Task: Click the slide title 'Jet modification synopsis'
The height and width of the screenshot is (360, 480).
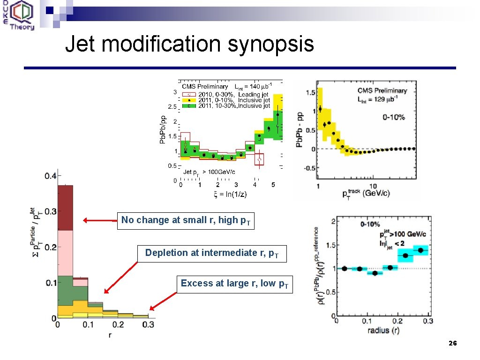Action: (x=189, y=45)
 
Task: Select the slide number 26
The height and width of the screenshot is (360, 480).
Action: (x=452, y=344)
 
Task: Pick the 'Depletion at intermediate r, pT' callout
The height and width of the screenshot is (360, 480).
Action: (x=212, y=253)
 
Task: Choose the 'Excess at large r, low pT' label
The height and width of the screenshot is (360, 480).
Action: (x=234, y=284)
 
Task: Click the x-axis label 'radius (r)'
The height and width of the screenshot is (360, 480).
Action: (x=384, y=330)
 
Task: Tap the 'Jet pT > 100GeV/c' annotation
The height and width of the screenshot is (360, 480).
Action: (x=209, y=172)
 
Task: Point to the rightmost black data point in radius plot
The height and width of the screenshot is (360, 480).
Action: (x=420, y=250)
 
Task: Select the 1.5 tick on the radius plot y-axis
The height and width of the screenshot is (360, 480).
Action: (x=331, y=245)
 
